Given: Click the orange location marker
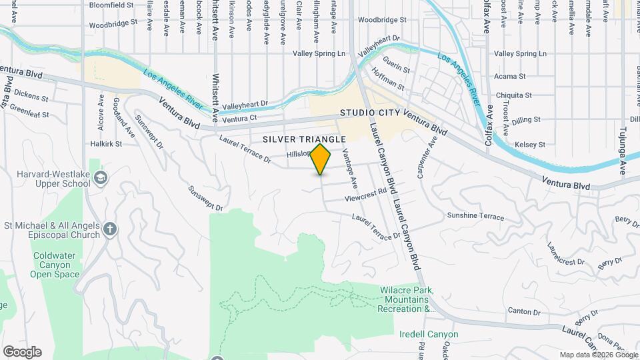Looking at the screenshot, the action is coord(321,159).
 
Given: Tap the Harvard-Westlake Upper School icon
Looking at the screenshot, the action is coord(100,177).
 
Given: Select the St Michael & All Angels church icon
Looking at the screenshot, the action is coord(111,230).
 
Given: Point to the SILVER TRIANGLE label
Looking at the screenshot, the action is coord(304,139).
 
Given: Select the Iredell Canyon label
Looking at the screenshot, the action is coord(429,334).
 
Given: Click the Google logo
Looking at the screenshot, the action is coord(21,352).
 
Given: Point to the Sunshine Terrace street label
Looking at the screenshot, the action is coord(475,217).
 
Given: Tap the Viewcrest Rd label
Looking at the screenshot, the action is coord(366,195).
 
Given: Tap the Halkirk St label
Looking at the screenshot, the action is coord(106,143).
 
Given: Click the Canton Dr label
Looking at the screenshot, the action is coord(523,311).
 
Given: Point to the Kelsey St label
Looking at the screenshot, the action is coord(531,144).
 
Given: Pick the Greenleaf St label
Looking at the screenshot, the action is coord(29,115).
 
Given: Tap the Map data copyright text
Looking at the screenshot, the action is coord(597,355).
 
